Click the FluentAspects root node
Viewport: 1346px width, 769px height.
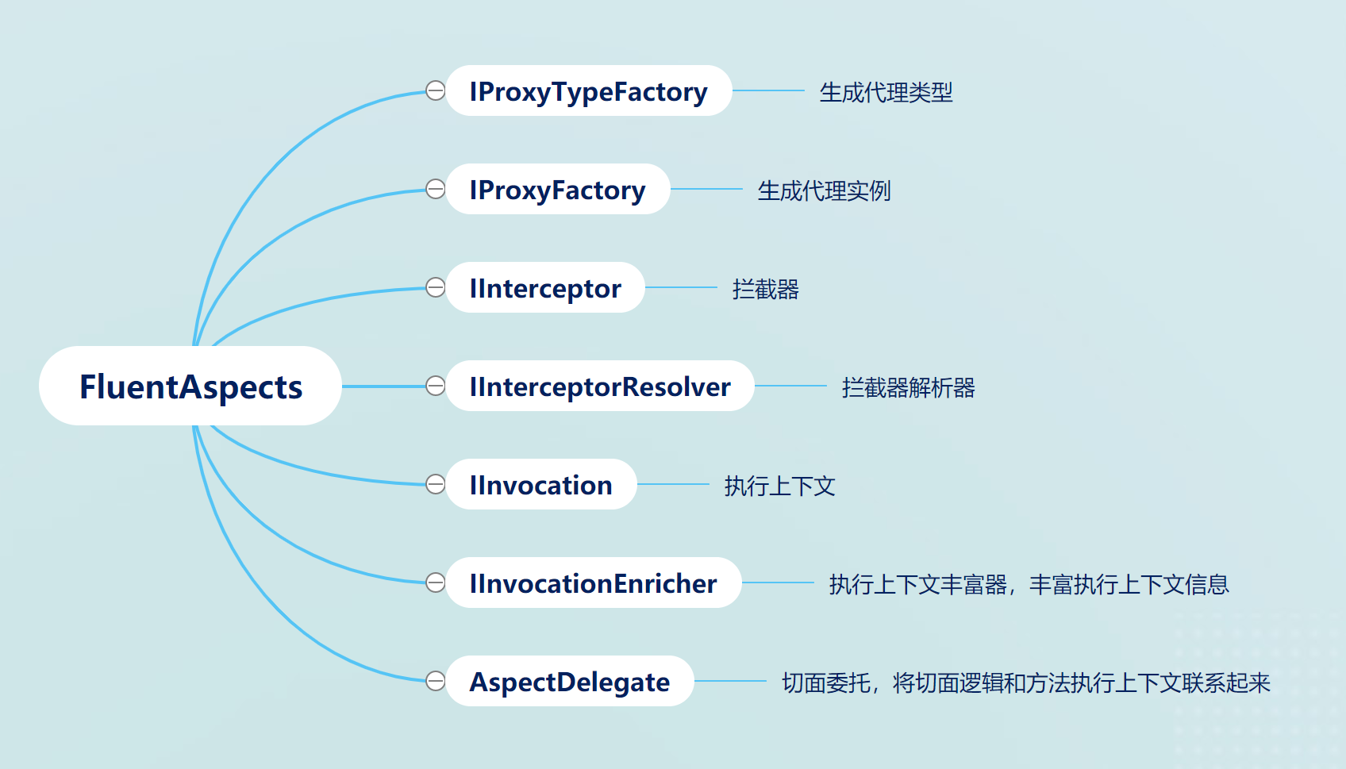click(x=190, y=386)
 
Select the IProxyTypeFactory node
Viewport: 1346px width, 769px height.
click(x=588, y=91)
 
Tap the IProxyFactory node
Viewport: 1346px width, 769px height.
click(x=557, y=190)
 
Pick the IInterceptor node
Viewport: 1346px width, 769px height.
click(x=545, y=288)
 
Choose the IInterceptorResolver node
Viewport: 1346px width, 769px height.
click(x=600, y=386)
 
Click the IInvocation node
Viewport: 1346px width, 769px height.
click(x=540, y=485)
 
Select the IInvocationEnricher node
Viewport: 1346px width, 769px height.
click(x=593, y=583)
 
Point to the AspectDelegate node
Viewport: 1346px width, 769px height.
click(x=569, y=682)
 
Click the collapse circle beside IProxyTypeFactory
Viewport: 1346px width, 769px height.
click(x=436, y=90)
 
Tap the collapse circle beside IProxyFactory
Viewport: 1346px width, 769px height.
click(x=436, y=189)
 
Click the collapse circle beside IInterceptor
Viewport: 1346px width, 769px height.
click(x=436, y=287)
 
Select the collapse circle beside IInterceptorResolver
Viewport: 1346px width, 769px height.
click(x=436, y=386)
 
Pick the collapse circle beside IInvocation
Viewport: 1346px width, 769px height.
click(x=436, y=484)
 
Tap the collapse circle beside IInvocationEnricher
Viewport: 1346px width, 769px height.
click(x=436, y=583)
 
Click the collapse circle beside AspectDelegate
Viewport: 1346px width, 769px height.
click(x=436, y=681)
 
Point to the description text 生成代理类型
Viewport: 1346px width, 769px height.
click(x=886, y=93)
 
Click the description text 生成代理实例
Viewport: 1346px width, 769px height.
click(x=824, y=191)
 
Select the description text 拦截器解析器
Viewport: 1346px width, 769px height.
click(x=908, y=388)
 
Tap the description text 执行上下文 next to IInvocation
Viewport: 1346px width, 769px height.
click(x=779, y=486)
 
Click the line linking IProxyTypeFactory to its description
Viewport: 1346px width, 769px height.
click(x=768, y=90)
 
